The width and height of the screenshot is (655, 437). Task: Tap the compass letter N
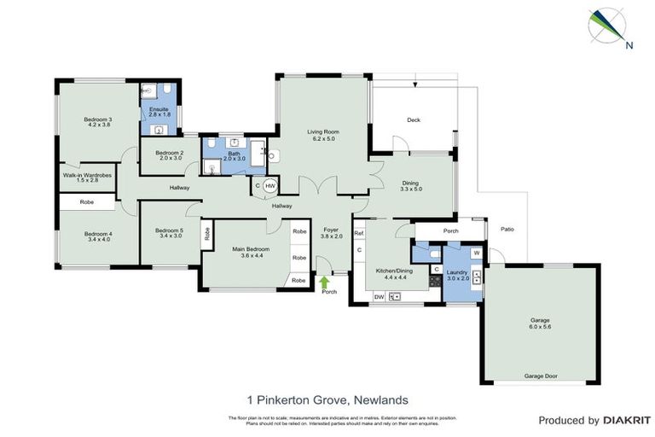[629, 45]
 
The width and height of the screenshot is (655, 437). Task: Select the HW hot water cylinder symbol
[270, 186]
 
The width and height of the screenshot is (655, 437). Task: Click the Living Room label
[323, 131]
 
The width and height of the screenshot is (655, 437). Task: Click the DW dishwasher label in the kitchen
[379, 296]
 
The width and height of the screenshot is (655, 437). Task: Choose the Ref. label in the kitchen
[359, 233]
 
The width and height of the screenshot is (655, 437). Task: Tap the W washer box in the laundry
[476, 253]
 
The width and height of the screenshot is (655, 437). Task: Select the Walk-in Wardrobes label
[87, 175]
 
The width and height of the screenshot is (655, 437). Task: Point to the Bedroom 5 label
[170, 230]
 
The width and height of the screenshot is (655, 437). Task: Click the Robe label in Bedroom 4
[86, 202]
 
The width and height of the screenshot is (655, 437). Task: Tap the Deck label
[414, 119]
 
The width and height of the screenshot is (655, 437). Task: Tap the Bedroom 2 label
[170, 151]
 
